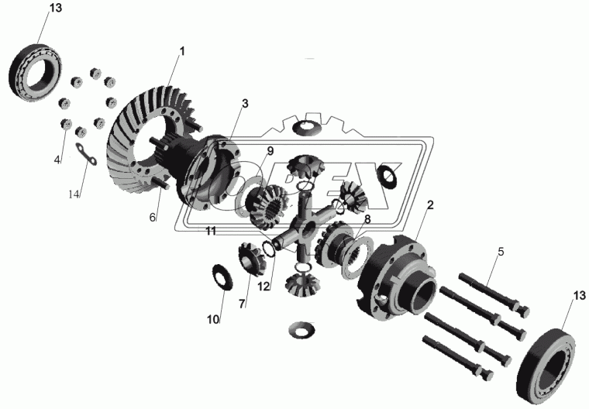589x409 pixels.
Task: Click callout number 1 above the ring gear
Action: point(182,51)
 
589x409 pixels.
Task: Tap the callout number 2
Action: point(430,205)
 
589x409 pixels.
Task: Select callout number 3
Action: point(245,104)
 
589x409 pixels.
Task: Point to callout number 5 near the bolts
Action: point(501,252)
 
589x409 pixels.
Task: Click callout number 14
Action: point(74,194)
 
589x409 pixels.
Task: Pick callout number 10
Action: point(213,320)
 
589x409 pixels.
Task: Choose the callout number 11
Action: point(211,232)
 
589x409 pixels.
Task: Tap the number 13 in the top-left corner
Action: point(56,8)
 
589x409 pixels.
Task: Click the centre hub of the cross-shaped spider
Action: point(308,228)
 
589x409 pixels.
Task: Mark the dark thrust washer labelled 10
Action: point(222,277)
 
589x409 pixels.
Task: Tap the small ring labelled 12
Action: point(269,249)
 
